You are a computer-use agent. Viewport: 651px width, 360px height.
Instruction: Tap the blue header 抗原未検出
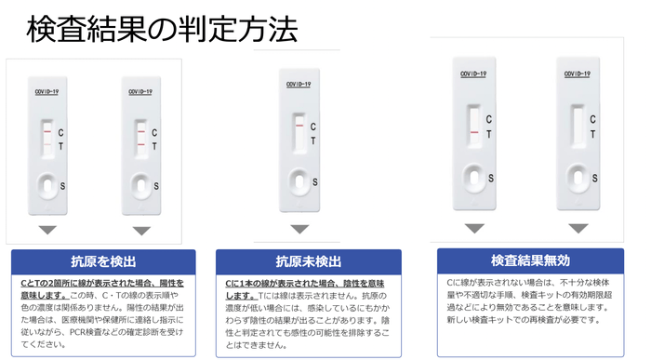308,261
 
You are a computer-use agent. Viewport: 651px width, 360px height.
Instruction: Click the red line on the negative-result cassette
299,123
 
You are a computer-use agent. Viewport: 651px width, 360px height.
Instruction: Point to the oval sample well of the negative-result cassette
299,178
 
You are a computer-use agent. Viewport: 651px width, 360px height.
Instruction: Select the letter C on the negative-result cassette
312,127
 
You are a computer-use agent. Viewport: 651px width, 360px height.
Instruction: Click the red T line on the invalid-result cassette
474,133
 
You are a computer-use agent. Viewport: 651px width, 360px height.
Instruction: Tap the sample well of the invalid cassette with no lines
577,174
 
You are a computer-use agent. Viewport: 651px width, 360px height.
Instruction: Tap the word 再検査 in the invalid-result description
549,319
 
